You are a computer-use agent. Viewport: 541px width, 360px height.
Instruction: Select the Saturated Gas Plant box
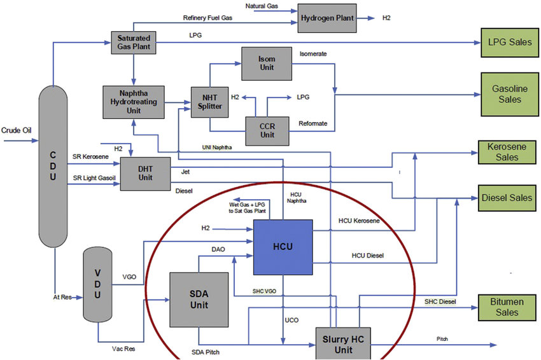point(132,43)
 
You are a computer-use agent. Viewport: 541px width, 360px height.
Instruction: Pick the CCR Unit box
point(267,130)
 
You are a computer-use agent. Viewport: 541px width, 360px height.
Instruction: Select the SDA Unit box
point(199,299)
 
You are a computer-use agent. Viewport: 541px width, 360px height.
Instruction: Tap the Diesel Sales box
point(507,198)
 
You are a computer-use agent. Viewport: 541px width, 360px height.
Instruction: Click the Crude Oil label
point(17,130)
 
